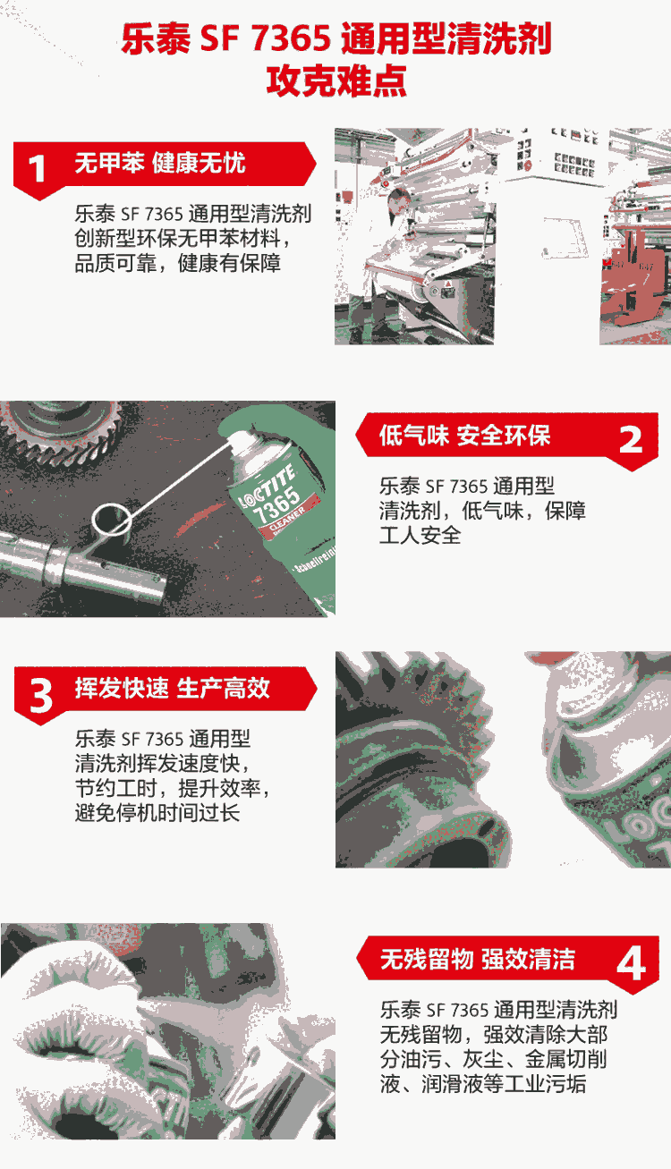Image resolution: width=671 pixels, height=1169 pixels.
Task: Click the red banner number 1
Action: (x=37, y=168)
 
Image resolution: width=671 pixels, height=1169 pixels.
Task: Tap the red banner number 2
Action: (x=631, y=439)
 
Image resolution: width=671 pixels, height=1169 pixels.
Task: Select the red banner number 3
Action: (x=41, y=696)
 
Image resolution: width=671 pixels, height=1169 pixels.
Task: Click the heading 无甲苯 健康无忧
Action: (x=160, y=163)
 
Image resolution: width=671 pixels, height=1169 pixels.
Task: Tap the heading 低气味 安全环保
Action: (x=464, y=436)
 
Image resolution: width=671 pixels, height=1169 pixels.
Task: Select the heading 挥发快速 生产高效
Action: (x=173, y=688)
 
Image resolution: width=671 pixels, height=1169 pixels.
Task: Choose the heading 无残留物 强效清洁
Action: (x=477, y=959)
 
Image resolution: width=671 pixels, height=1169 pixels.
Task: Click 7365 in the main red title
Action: (x=292, y=39)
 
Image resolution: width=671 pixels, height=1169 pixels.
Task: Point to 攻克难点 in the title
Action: (x=336, y=80)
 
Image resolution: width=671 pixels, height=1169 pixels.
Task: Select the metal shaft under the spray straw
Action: (x=83, y=570)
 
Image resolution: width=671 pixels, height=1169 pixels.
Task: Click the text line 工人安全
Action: (x=420, y=536)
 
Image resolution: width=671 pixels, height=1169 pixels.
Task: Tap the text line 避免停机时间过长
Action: (x=157, y=813)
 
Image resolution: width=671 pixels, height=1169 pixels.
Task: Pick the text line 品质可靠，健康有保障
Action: (x=177, y=263)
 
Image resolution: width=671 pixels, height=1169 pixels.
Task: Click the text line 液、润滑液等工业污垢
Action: (x=483, y=1084)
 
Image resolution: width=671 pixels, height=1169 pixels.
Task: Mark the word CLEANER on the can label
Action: (x=288, y=521)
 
